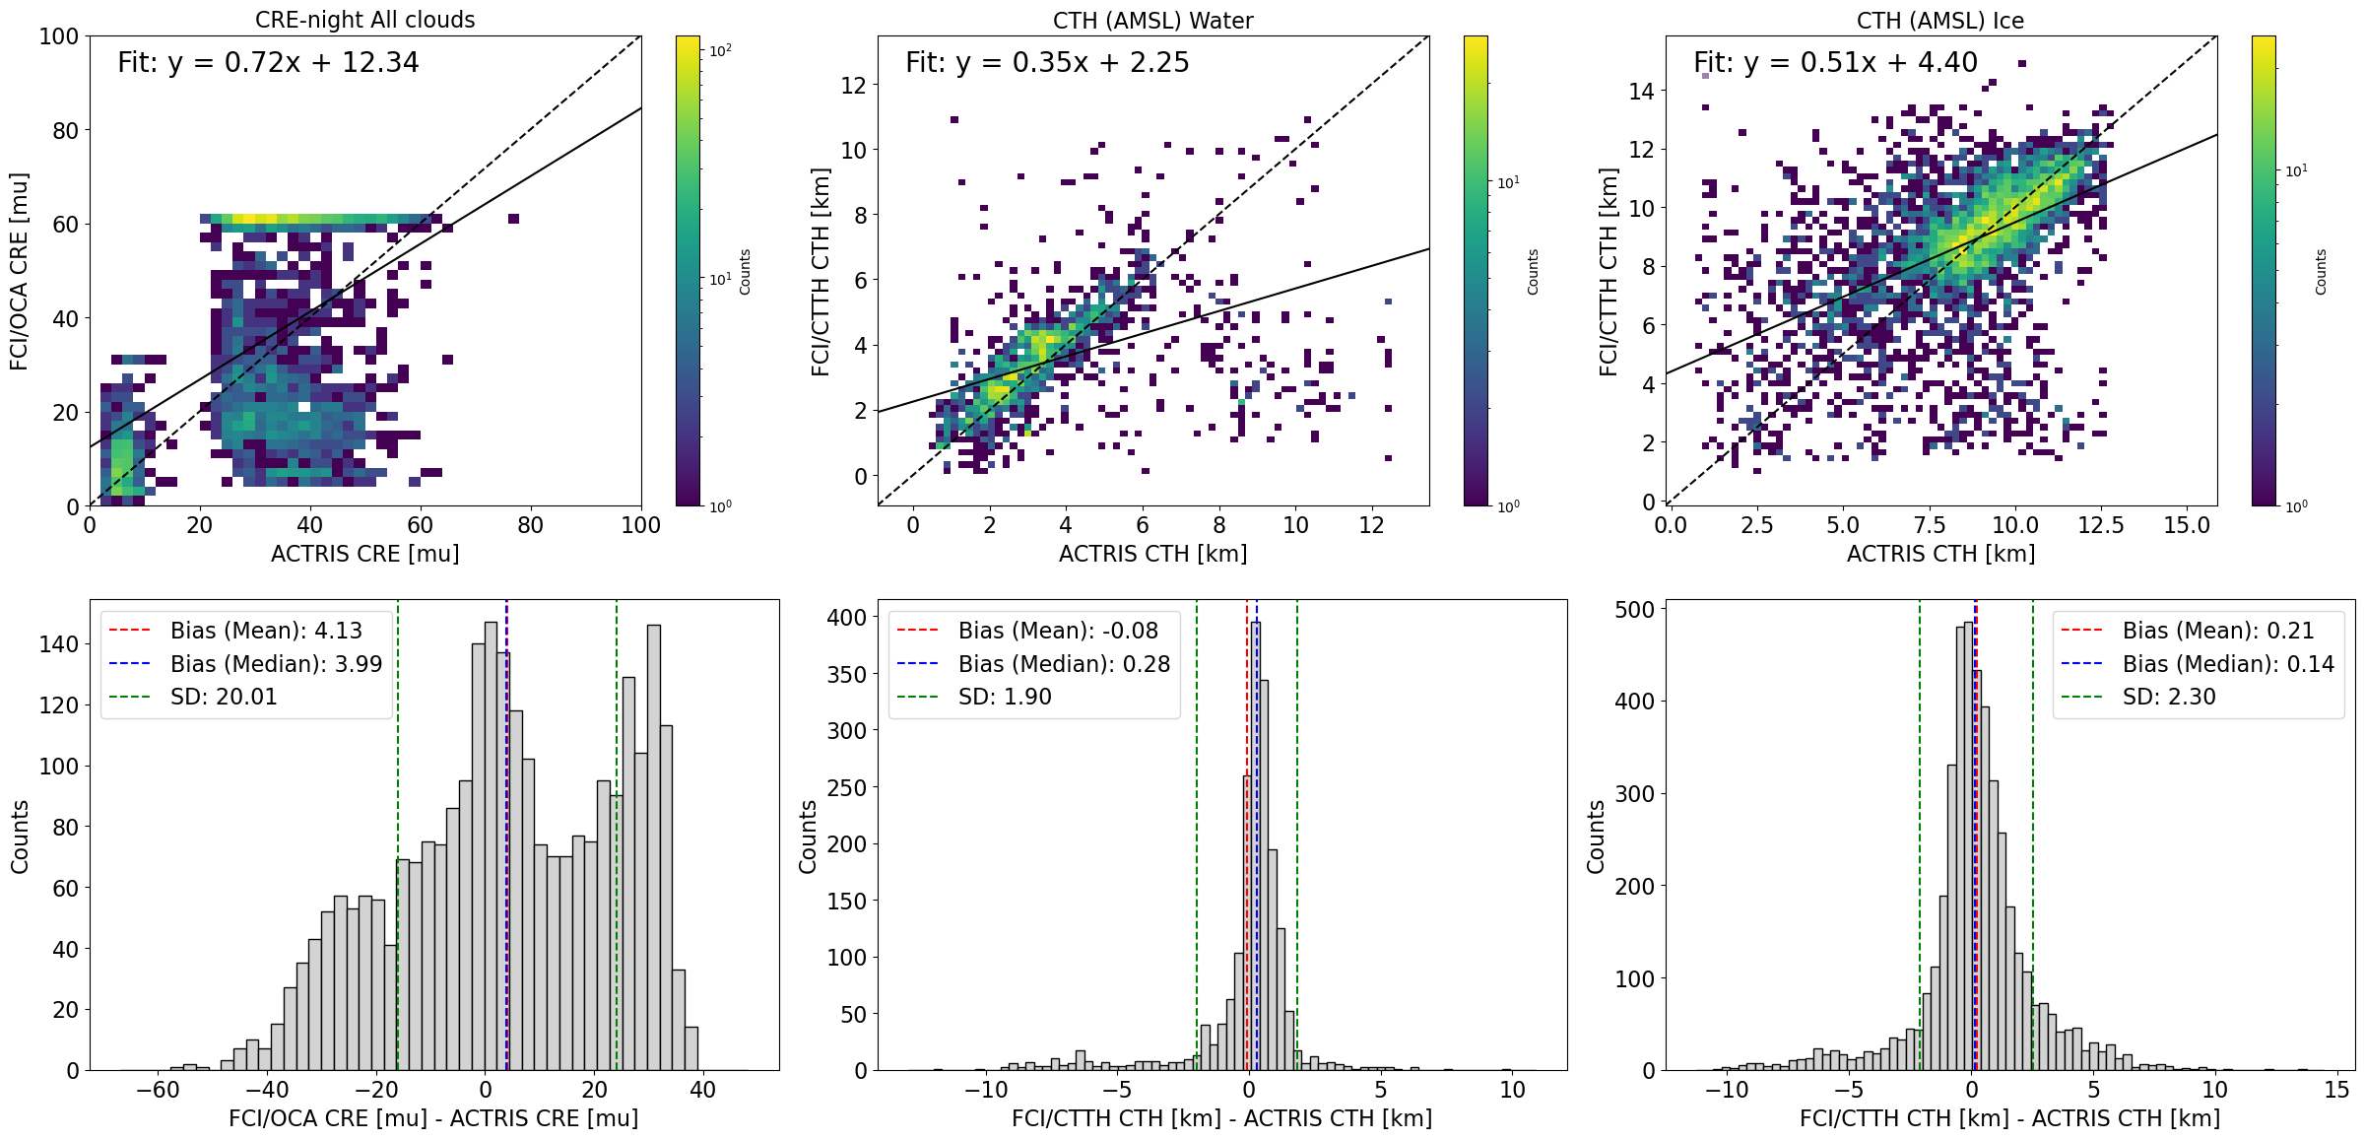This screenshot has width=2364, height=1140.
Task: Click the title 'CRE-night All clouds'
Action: (x=364, y=20)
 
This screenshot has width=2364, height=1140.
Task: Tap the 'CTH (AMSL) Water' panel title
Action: (x=1152, y=21)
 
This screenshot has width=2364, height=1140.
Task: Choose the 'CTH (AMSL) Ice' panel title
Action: (x=1939, y=21)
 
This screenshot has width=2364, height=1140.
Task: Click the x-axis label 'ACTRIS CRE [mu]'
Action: (x=364, y=554)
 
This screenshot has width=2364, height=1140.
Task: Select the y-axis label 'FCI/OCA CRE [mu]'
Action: (x=19, y=272)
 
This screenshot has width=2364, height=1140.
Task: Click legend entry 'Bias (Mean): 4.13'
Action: (x=266, y=631)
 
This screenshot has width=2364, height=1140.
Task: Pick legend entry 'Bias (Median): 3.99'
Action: (x=276, y=664)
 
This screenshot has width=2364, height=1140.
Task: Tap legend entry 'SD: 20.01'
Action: (x=224, y=697)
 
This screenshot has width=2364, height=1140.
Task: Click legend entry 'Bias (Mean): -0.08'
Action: (x=1058, y=631)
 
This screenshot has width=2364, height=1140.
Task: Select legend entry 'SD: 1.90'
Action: (x=1005, y=697)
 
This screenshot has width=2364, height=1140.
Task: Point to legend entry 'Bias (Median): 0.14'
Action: (x=2228, y=664)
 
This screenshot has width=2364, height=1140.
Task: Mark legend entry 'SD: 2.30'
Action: (x=2169, y=697)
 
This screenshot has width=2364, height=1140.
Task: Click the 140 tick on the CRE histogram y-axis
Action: (x=58, y=644)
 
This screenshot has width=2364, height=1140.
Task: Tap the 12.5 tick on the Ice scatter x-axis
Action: (x=2100, y=525)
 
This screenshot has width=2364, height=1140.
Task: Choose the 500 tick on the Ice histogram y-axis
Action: (x=1634, y=610)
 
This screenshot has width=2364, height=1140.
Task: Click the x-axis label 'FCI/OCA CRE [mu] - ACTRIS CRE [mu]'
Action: (x=433, y=1118)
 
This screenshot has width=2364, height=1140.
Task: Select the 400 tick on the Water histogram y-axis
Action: (x=847, y=618)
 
